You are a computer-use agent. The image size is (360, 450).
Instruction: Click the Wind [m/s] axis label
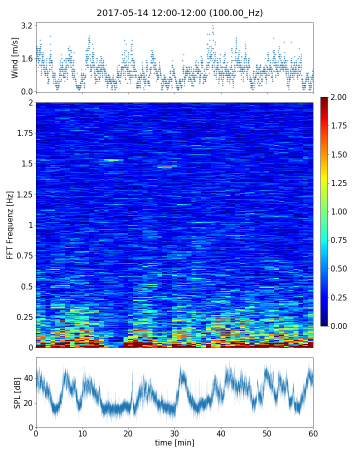15,57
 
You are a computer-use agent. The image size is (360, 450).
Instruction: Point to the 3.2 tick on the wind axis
27,25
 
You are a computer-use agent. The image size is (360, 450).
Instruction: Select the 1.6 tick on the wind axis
27,58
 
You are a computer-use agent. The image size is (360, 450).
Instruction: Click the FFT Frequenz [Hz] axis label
10,225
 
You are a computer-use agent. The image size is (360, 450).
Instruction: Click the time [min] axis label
174,443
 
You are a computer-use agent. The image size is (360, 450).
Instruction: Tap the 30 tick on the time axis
174,433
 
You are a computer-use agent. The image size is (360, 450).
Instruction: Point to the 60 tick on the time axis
313,433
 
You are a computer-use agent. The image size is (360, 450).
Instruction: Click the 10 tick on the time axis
82,433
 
